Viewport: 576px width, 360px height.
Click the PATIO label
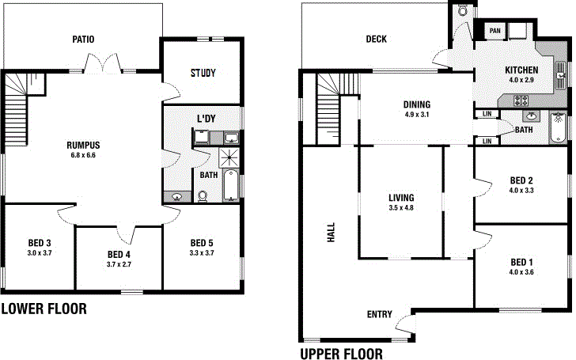pos(84,38)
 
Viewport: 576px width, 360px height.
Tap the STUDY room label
pos(203,73)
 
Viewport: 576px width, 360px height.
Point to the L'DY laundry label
pos(207,119)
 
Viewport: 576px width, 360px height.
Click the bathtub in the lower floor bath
pos(229,184)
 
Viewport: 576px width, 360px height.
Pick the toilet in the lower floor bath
pos(203,195)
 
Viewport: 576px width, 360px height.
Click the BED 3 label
pos(39,243)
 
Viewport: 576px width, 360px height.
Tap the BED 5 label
pos(203,243)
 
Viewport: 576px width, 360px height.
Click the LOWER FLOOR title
pos(44,309)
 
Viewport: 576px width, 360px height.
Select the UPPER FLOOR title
pos(341,354)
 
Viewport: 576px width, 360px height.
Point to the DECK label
pos(376,39)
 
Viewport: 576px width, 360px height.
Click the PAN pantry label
pos(495,31)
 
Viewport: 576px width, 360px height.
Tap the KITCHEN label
pos(521,70)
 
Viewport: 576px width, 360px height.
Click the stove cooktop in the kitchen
pos(522,100)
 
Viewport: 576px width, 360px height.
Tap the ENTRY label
pos(380,314)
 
